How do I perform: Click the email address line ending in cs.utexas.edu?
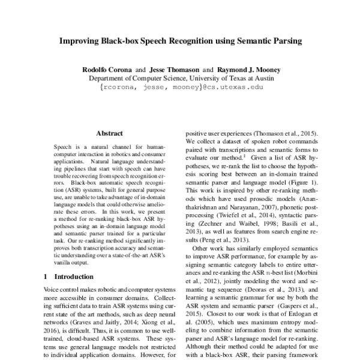point(181,88)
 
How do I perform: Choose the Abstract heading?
point(110,133)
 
